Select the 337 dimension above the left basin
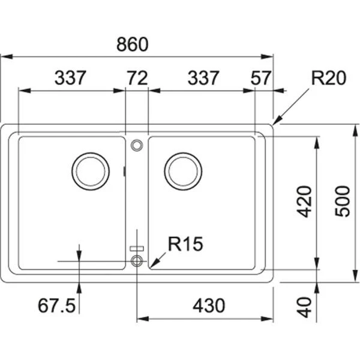pyautogui.click(x=71, y=78)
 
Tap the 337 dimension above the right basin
pyautogui.click(x=203, y=78)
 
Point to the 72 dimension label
pyautogui.click(x=137, y=78)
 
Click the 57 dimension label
pyautogui.click(x=261, y=78)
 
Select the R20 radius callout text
pyautogui.click(x=328, y=78)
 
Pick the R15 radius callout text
pyautogui.click(x=186, y=244)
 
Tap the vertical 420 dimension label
pyautogui.click(x=305, y=202)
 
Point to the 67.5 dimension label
pyautogui.click(x=56, y=306)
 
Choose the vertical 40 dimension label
pyautogui.click(x=305, y=307)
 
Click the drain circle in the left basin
pyautogui.click(x=91, y=170)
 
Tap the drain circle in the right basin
pyautogui.click(x=183, y=170)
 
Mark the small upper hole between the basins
pyautogui.click(x=137, y=145)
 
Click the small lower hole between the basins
pyautogui.click(x=137, y=260)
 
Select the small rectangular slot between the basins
pyautogui.click(x=137, y=248)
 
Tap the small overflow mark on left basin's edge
pyautogui.click(x=124, y=172)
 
